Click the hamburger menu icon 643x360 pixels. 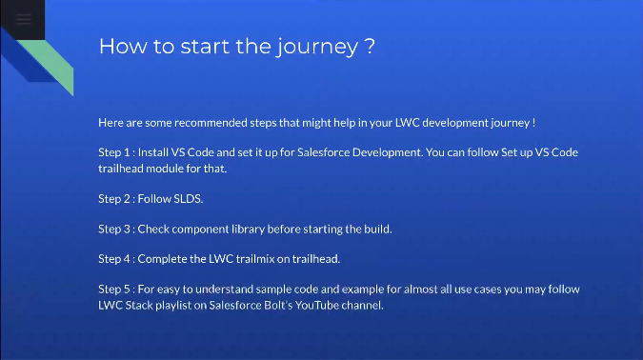coord(22,19)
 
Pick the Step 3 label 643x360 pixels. coord(115,230)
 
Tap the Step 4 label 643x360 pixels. coord(115,258)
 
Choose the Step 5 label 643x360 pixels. coord(115,289)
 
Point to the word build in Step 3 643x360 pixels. coord(378,230)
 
